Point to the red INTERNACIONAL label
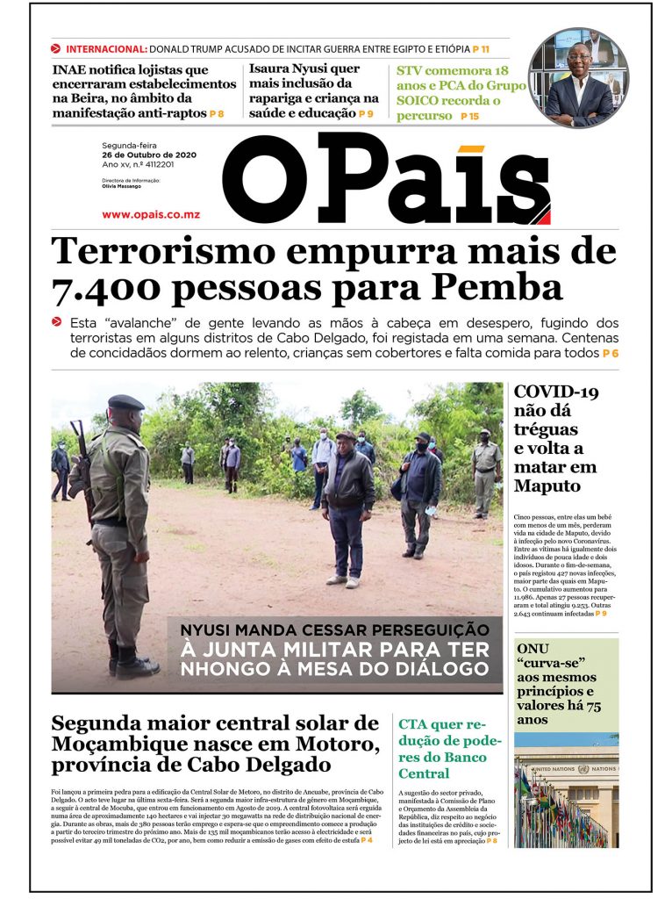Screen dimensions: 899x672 click(106, 49)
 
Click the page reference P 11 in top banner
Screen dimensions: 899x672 click(481, 49)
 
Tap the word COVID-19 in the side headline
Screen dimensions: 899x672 click(556, 392)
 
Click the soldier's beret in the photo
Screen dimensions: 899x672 click(125, 402)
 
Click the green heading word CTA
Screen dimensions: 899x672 click(418, 724)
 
